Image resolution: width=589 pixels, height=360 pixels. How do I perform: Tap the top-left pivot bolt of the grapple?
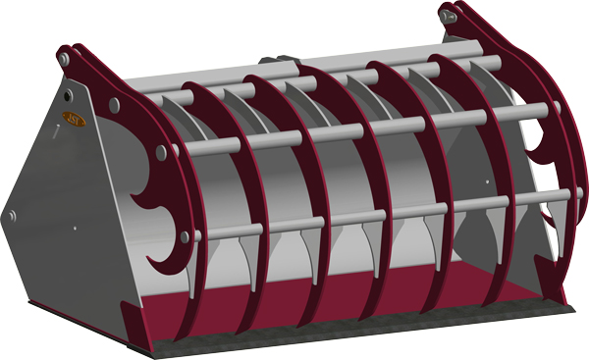(x=63, y=60)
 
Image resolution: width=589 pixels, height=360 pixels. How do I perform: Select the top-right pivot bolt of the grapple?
(x=449, y=16)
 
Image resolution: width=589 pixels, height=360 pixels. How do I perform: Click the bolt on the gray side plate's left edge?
(x=12, y=215)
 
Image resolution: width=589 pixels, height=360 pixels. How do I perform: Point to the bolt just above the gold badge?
(x=70, y=96)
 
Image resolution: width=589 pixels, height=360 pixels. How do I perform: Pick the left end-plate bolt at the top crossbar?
(x=116, y=102)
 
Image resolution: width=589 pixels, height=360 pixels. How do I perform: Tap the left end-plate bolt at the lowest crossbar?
(x=184, y=234)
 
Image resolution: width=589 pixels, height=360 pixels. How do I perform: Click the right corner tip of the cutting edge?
(x=572, y=306)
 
